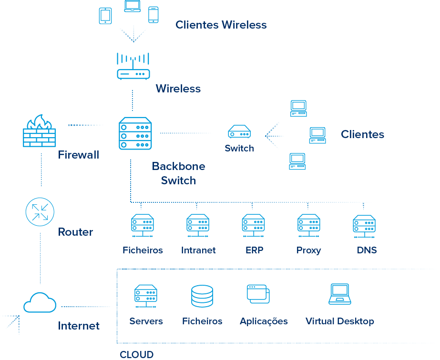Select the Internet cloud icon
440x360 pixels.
click(x=40, y=302)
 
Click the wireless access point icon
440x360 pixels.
click(x=133, y=66)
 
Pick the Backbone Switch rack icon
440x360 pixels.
click(x=135, y=134)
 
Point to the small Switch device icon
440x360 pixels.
click(x=239, y=131)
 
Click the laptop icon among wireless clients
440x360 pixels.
click(x=132, y=6)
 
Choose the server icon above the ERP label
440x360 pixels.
click(x=253, y=225)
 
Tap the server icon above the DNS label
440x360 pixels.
click(x=364, y=225)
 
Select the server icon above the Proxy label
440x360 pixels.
click(x=308, y=225)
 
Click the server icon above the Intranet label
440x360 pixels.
click(x=198, y=225)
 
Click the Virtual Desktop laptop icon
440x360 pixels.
click(x=340, y=294)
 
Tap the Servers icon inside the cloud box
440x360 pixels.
click(x=146, y=296)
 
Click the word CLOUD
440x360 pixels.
click(x=136, y=354)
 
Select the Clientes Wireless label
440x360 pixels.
click(x=221, y=25)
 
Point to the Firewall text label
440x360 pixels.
click(x=79, y=155)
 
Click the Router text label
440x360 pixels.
click(x=75, y=232)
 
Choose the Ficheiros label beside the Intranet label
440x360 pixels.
click(x=143, y=250)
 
